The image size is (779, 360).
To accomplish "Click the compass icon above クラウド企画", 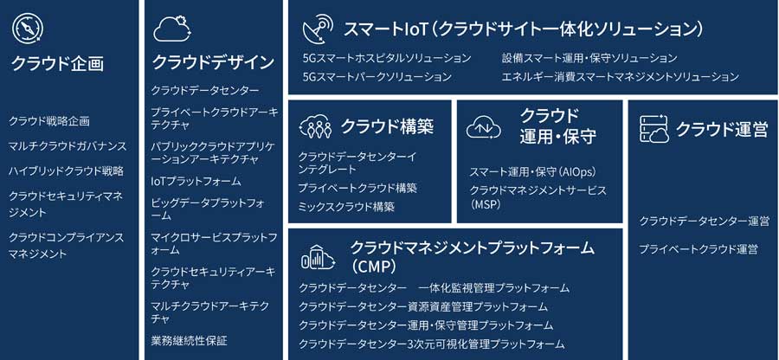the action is [25, 28].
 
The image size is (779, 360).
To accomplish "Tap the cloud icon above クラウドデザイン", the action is [173, 29].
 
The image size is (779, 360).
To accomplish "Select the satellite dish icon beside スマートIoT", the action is [318, 28].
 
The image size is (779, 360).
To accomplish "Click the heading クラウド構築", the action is [387, 127].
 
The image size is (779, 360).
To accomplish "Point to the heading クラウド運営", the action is [721, 130].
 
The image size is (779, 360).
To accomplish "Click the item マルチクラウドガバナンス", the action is [68, 146].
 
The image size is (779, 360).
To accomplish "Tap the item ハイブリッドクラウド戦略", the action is [66, 171].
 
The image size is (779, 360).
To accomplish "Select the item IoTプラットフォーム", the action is [196, 181].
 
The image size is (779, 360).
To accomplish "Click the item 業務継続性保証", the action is [189, 341].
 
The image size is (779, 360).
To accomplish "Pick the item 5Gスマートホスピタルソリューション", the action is [387, 58].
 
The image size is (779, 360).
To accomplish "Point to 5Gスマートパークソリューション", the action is [377, 77].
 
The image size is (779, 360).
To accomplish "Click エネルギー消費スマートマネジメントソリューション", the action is [620, 77].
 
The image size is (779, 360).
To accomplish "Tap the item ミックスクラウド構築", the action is [346, 207].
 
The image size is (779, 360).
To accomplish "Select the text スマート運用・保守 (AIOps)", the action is [532, 172].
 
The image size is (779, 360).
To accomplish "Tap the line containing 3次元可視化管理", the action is [431, 344].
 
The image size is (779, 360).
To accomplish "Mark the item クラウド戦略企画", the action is [48, 120].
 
